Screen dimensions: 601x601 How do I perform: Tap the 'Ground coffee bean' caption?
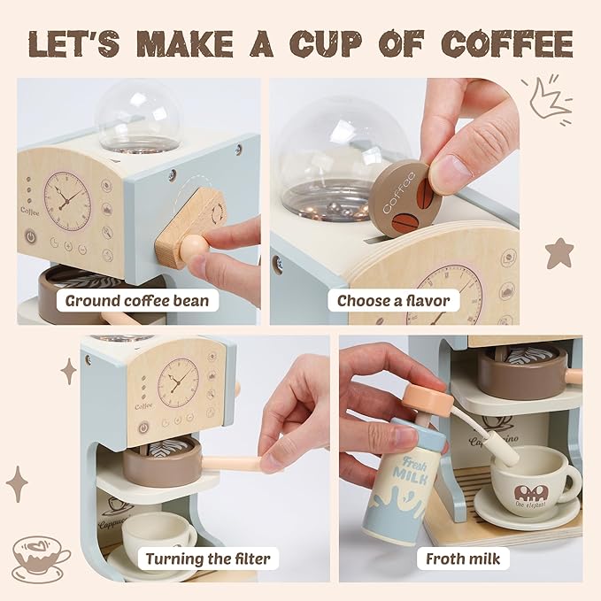coord(136,300)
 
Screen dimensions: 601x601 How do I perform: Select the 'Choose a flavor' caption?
coord(393,301)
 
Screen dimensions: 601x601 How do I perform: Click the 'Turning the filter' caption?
coord(206,558)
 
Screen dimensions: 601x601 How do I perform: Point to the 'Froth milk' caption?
coord(463,559)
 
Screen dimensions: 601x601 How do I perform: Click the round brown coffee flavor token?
coord(406,196)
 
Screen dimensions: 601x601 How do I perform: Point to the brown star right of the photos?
coord(559,253)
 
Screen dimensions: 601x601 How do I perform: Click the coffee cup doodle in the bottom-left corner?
coord(41,558)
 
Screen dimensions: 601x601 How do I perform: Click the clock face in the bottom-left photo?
coord(178,382)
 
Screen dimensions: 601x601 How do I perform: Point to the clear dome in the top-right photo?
coord(328,164)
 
